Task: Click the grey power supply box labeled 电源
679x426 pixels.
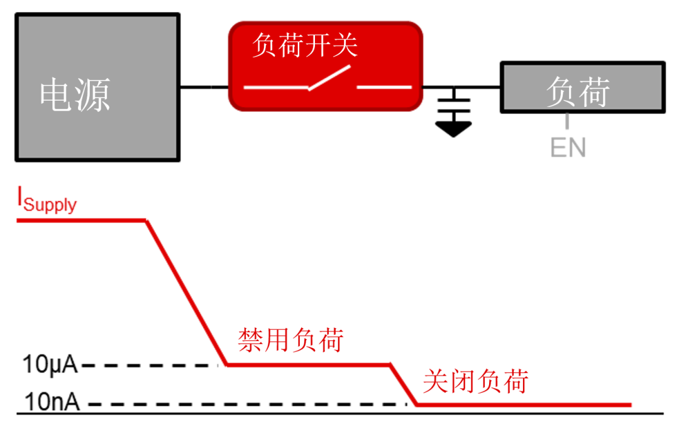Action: pyautogui.click(x=97, y=88)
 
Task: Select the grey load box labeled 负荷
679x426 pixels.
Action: pyautogui.click(x=582, y=88)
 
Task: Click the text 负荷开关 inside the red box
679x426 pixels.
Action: pyautogui.click(x=304, y=45)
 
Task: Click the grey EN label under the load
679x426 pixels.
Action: pyautogui.click(x=568, y=148)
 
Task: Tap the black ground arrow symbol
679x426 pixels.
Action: pyautogui.click(x=453, y=128)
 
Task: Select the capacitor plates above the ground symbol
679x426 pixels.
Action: pyautogui.click(x=453, y=103)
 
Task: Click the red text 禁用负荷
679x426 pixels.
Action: pyautogui.click(x=290, y=340)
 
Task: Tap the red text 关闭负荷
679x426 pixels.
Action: pyautogui.click(x=475, y=381)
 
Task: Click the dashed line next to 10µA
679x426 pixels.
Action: pyautogui.click(x=151, y=365)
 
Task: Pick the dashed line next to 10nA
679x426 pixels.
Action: pyautogui.click(x=245, y=404)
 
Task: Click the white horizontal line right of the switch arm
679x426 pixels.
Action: pyautogui.click(x=384, y=87)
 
